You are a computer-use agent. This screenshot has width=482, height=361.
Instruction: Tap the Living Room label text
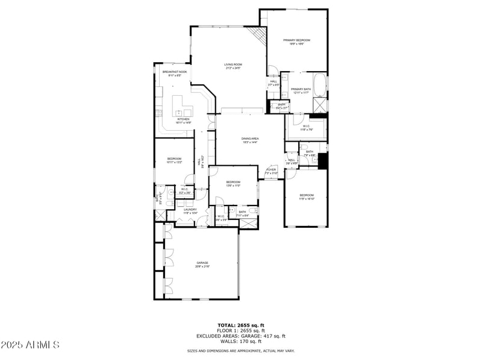pyautogui.click(x=233, y=66)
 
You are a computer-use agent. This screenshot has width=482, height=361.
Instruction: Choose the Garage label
pyautogui.click(x=202, y=264)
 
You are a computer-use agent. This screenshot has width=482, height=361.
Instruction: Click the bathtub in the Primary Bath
pyautogui.click(x=319, y=84)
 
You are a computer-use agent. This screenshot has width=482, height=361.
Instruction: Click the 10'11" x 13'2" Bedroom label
pyautogui.click(x=174, y=160)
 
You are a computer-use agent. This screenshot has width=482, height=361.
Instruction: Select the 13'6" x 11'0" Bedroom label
pyautogui.click(x=233, y=183)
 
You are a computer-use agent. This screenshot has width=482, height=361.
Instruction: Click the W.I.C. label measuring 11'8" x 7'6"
pyautogui.click(x=306, y=127)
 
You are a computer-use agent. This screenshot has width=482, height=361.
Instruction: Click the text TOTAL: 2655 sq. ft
pyautogui.click(x=241, y=325)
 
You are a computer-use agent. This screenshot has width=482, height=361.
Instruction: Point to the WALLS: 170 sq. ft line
pyautogui.click(x=241, y=342)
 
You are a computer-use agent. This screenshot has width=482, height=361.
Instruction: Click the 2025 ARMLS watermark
pyautogui.click(x=30, y=345)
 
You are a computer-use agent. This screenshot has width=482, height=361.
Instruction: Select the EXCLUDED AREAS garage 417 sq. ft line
pyautogui.click(x=241, y=336)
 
